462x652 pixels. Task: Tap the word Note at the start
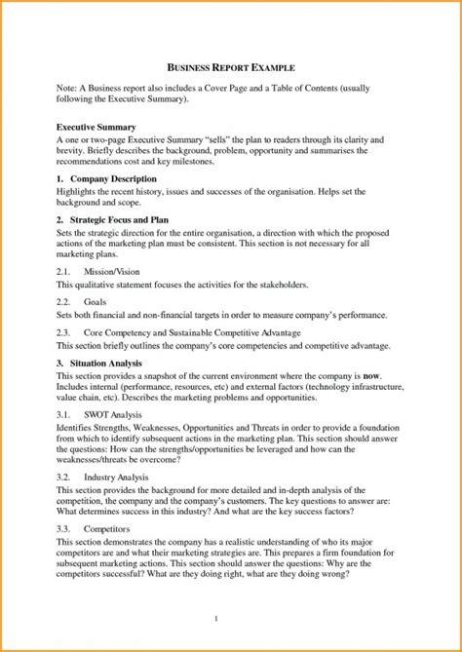(66, 88)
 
